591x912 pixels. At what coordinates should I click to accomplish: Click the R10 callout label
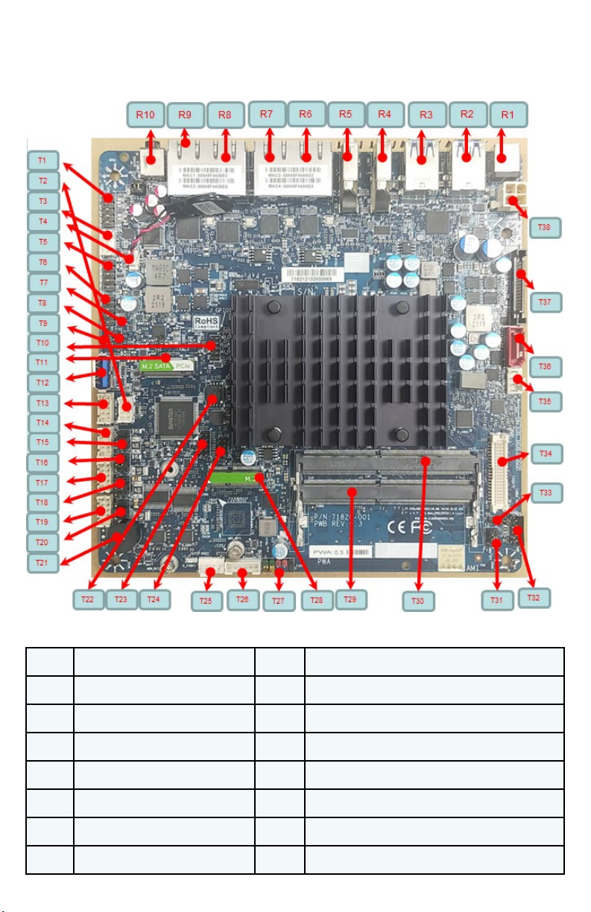click(145, 115)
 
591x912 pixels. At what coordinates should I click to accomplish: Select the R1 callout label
click(508, 115)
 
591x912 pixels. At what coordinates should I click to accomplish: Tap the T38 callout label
click(545, 227)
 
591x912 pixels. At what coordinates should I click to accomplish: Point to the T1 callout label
click(42, 161)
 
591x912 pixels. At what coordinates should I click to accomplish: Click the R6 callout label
click(306, 114)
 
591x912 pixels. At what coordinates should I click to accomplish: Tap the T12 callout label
click(42, 382)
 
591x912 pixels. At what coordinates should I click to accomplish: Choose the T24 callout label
click(157, 598)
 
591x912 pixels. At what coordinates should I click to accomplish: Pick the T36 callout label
click(545, 367)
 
